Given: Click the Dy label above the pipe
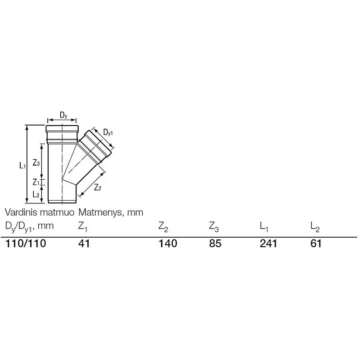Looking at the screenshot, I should click(x=63, y=116).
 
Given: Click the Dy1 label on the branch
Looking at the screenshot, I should click(x=108, y=132).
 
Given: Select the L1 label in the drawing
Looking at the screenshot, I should click(x=22, y=166).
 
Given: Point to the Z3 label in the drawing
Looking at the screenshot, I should click(x=36, y=163).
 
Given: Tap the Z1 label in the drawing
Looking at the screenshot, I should click(x=36, y=182).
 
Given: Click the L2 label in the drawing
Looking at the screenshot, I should click(x=36, y=194).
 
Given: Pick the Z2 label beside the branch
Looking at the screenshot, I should click(x=97, y=188).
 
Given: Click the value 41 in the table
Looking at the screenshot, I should click(x=85, y=244).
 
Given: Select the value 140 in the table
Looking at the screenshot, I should click(x=168, y=244).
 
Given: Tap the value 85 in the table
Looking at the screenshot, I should click(x=215, y=244).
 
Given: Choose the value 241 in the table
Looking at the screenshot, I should click(x=269, y=244).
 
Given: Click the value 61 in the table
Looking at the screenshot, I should click(x=316, y=244).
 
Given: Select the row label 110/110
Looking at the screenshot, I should click(x=26, y=244).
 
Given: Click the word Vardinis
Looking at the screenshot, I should click(x=20, y=211).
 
